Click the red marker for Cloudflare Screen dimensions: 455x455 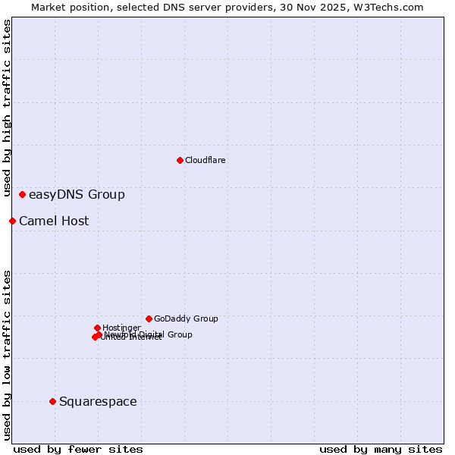tap(180, 160)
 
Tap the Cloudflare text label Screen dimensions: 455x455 tap(206, 161)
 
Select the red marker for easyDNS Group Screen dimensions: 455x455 tap(23, 195)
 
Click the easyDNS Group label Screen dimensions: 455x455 tap(77, 195)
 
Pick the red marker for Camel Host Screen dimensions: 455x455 tap(12, 221)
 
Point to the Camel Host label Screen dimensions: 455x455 tap(54, 221)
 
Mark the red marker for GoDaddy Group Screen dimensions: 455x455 tap(149, 318)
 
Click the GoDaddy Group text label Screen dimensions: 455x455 tap(186, 319)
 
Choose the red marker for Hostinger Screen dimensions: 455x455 tap(97, 328)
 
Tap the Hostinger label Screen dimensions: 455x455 tap(121, 328)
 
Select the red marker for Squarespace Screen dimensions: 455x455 tap(52, 401)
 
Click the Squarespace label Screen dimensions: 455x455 tap(98, 402)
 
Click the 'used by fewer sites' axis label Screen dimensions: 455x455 tap(78, 449)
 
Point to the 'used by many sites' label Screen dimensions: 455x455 tap(381, 449)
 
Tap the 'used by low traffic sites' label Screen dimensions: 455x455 tap(7, 354)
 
